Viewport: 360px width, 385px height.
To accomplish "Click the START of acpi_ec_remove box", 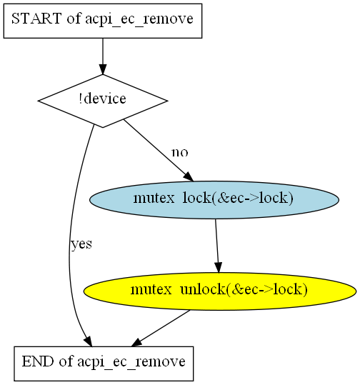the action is (103, 21).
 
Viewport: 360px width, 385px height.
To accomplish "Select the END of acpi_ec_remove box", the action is (104, 364).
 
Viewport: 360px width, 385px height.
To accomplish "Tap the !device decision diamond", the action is (103, 101).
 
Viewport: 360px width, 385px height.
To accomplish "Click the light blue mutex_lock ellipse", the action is (214, 200).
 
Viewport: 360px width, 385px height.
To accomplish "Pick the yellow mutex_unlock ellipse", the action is (220, 291).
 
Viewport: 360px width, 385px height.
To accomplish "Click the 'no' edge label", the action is (180, 152).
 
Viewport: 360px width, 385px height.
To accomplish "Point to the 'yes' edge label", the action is (81, 244).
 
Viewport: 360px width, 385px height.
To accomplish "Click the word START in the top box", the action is (36, 19).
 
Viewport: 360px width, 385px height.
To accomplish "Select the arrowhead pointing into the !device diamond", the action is (103, 69).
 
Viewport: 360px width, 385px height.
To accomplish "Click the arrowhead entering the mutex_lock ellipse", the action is (189, 177).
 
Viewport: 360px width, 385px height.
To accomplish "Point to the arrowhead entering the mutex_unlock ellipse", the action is (219, 267).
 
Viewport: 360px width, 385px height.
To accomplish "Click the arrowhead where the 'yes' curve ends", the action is (88, 341).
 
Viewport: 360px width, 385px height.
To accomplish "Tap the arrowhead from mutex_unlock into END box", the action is (136, 343).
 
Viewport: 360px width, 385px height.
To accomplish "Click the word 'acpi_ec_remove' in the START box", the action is (139, 19).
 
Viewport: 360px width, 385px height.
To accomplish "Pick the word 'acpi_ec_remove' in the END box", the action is (131, 362).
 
